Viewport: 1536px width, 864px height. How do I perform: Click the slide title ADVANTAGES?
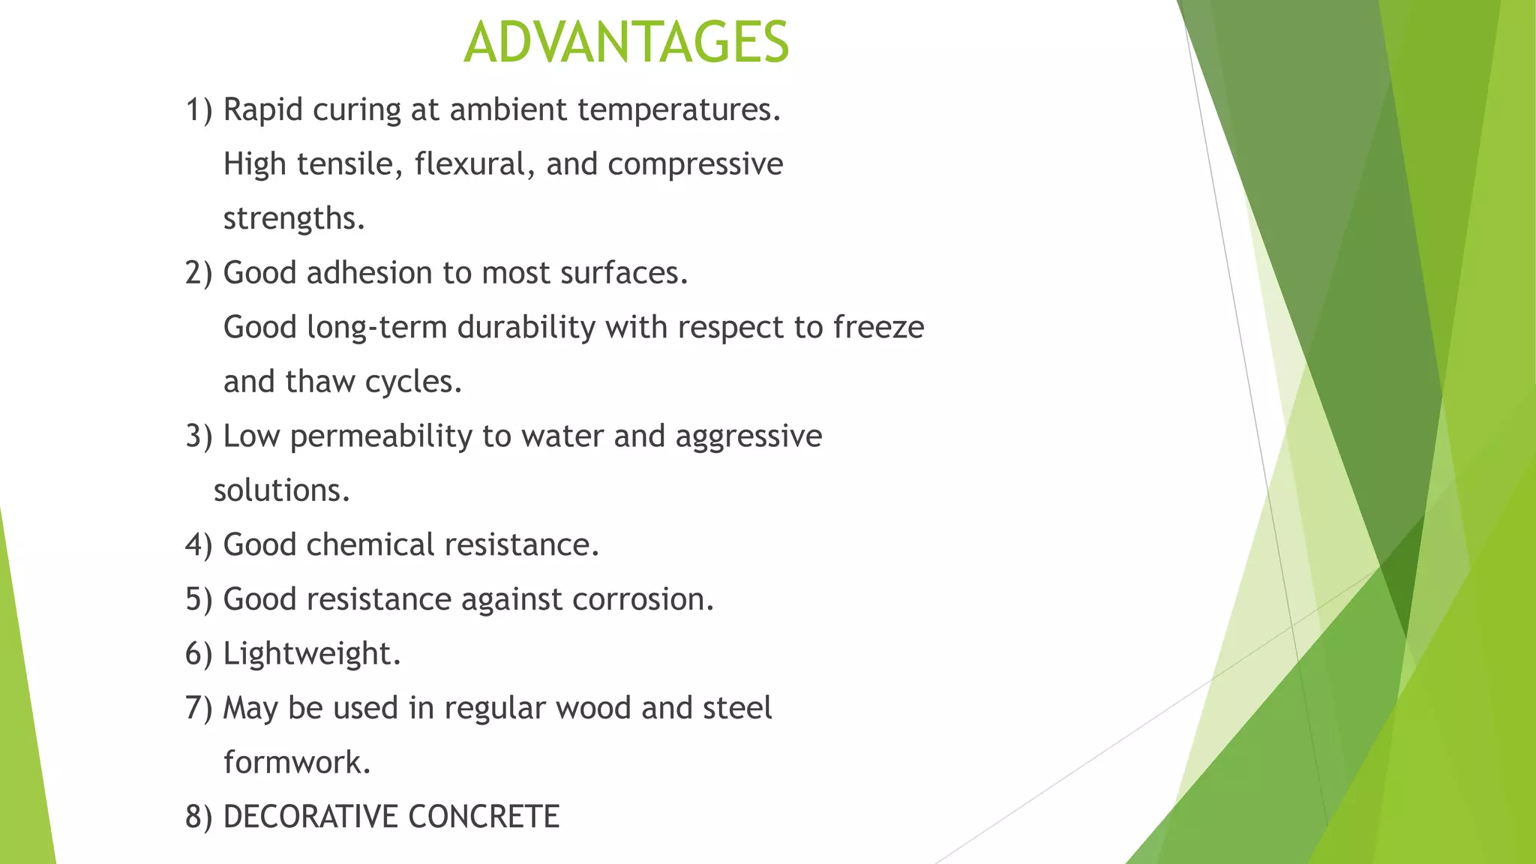pyautogui.click(x=626, y=42)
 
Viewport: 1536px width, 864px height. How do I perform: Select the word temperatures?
pyautogui.click(x=679, y=110)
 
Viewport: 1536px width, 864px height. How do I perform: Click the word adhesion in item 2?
pyautogui.click(x=370, y=273)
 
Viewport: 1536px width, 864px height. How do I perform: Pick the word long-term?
pyautogui.click(x=377, y=328)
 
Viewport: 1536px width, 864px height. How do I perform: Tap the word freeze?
pyautogui.click(x=878, y=328)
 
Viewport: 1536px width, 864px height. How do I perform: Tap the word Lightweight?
pyautogui.click(x=311, y=654)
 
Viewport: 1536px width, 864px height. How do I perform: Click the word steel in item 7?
pyautogui.click(x=737, y=708)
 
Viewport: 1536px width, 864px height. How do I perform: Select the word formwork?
pyautogui.click(x=296, y=763)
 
